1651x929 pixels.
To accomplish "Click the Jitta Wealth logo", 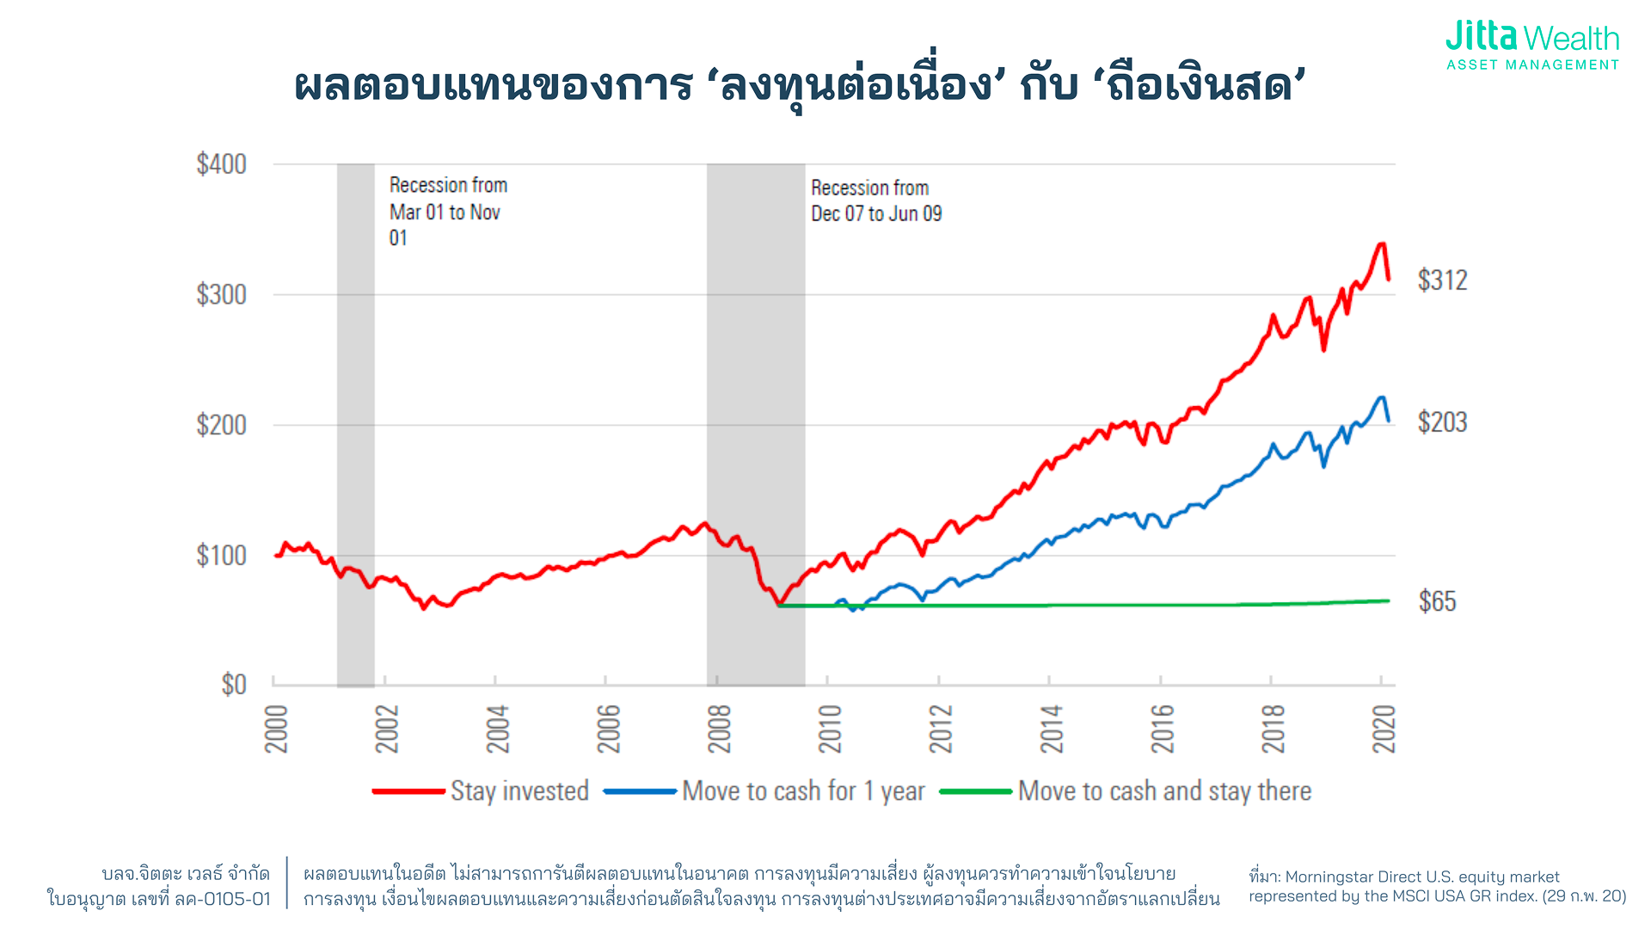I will click(x=1532, y=45).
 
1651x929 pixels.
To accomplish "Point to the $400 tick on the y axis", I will click(x=221, y=163).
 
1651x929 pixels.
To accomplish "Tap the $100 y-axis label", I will click(x=221, y=555).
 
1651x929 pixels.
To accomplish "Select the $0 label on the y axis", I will click(x=233, y=685).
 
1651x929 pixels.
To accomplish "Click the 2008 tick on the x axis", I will click(x=719, y=729).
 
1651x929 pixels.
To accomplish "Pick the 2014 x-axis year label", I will click(x=1051, y=729).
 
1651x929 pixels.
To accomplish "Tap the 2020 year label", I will click(x=1383, y=729).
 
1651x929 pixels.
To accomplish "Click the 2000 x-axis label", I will click(x=276, y=729).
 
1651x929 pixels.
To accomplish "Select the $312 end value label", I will click(x=1442, y=280).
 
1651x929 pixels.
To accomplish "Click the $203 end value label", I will click(x=1442, y=422).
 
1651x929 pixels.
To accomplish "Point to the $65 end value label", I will click(x=1437, y=601).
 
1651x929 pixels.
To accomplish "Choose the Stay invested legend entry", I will click(x=482, y=791).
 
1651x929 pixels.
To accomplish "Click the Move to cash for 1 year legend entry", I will click(x=765, y=791).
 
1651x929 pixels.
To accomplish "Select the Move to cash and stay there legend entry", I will click(x=1126, y=791).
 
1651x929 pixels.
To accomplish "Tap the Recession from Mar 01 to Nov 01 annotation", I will click(x=447, y=211).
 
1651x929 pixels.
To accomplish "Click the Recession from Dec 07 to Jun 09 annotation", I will click(x=875, y=200).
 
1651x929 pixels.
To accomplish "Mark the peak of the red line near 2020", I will click(x=1381, y=244).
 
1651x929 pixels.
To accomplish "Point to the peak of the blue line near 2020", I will click(x=1381, y=397).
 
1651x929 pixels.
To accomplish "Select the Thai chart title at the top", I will click(x=800, y=86).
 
